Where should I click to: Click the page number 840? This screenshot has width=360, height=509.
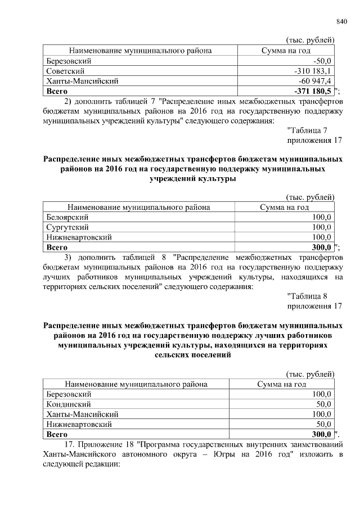(343, 22)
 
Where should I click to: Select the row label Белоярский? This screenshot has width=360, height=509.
(67, 217)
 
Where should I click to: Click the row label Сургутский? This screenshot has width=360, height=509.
(67, 227)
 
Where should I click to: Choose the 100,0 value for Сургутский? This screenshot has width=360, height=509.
(322, 227)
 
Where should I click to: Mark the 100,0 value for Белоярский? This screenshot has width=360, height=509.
(322, 217)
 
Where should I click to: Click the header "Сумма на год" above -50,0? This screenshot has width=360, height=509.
(286, 51)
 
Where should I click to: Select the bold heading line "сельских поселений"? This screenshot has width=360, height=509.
(192, 355)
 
